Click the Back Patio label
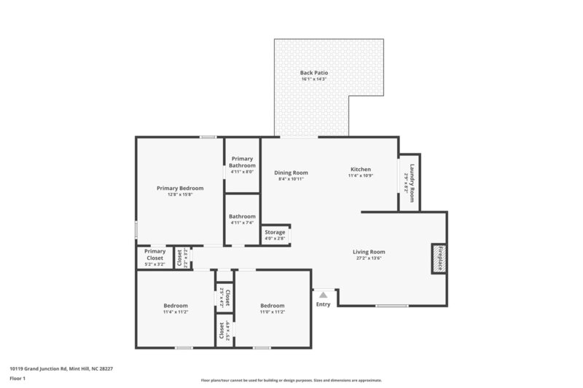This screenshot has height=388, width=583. click(314, 73)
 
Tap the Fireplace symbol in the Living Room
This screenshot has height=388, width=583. click(439, 258)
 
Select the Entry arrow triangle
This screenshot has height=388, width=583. click(323, 294)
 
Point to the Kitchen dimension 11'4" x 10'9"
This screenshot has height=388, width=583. click(360, 175)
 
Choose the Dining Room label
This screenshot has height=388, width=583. click(291, 173)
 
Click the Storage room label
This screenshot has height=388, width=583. click(275, 232)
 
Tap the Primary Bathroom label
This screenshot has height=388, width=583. click(242, 162)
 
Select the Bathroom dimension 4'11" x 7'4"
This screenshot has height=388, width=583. click(242, 222)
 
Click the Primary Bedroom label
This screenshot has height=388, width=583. click(180, 188)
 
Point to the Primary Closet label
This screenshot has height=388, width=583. click(154, 255)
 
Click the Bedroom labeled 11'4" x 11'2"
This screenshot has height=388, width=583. click(175, 306)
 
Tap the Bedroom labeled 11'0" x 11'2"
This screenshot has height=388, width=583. click(272, 306)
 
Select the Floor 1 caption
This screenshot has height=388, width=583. click(17, 379)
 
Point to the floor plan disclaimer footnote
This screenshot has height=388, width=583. click(291, 380)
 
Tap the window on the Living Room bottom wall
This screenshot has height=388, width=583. click(391, 306)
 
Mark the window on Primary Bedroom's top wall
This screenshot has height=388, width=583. click(208, 137)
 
